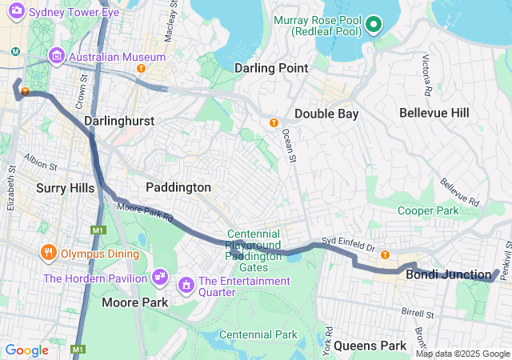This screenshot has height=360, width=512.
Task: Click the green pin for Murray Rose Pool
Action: click(x=374, y=26)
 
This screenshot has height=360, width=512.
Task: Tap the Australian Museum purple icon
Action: click(x=57, y=57)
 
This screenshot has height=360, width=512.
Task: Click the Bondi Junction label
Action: click(x=448, y=275)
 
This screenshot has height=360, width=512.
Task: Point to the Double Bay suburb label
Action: click(x=326, y=114)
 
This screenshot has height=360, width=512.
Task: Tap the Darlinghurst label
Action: click(x=119, y=121)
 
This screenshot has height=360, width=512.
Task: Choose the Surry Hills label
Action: click(x=66, y=188)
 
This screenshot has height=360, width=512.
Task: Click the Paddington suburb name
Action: click(x=178, y=187)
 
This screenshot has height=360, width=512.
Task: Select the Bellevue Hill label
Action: click(x=434, y=113)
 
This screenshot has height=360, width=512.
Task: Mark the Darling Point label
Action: click(x=270, y=68)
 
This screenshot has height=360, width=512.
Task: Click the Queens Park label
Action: click(x=370, y=346)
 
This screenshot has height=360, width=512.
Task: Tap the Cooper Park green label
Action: click(x=428, y=210)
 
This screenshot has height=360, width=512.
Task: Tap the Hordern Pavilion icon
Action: click(x=161, y=276)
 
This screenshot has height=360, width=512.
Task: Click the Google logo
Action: click(x=27, y=350)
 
